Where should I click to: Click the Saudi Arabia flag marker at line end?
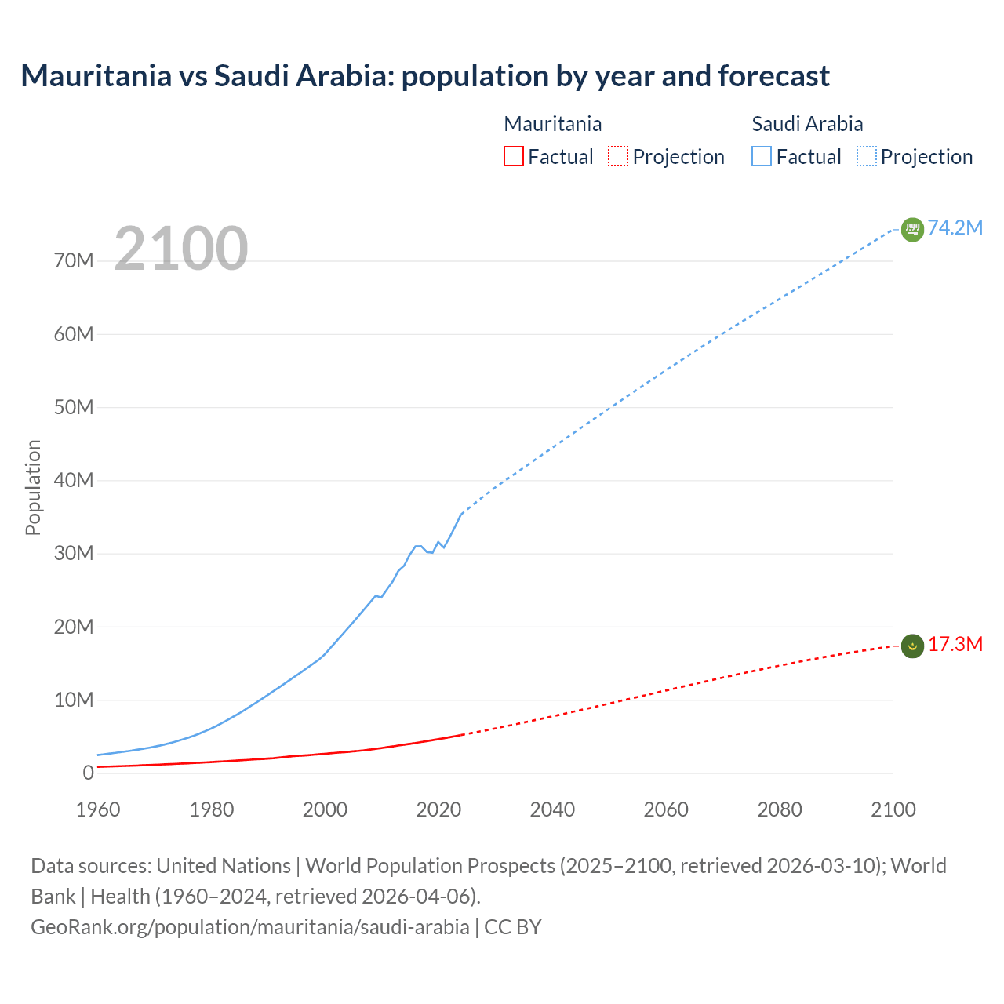pyautogui.click(x=911, y=229)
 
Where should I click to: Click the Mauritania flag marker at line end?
pyautogui.click(x=911, y=646)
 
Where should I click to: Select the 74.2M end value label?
pyautogui.click(x=955, y=227)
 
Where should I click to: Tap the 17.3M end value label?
pyautogui.click(x=955, y=644)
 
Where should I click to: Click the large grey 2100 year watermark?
pyautogui.click(x=181, y=249)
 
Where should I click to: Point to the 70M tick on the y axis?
pyautogui.click(x=74, y=261)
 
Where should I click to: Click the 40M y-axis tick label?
pyautogui.click(x=74, y=480)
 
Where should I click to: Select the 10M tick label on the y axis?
pyautogui.click(x=74, y=700)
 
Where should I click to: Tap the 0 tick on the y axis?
pyautogui.click(x=88, y=773)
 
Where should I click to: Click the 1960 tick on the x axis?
pyautogui.click(x=98, y=809)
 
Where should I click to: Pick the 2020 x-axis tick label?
pyautogui.click(x=438, y=809)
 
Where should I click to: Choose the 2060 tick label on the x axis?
pyautogui.click(x=666, y=809)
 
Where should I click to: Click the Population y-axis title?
pyautogui.click(x=33, y=487)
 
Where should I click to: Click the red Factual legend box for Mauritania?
pyautogui.click(x=513, y=157)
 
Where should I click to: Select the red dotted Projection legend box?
pyautogui.click(x=618, y=157)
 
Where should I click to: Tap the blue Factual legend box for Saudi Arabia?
pyautogui.click(x=761, y=157)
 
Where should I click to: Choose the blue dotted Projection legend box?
pyautogui.click(x=867, y=157)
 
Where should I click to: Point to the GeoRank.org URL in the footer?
pyautogui.click(x=249, y=926)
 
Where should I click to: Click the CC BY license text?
pyautogui.click(x=513, y=926)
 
